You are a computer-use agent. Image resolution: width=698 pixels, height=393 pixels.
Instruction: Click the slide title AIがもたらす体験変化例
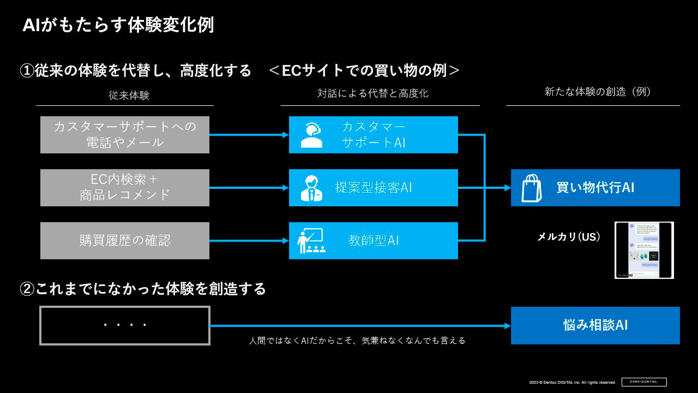(118, 25)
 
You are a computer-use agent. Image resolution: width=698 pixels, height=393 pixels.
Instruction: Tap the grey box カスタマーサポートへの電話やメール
(125, 135)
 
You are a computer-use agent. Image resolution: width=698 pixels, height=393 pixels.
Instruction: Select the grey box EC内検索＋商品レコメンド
(125, 187)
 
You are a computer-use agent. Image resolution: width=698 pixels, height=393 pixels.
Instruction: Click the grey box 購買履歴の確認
(125, 240)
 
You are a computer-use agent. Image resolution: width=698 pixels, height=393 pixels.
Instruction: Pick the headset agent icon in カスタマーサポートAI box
(311, 135)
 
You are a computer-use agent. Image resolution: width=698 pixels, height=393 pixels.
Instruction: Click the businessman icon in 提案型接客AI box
(311, 188)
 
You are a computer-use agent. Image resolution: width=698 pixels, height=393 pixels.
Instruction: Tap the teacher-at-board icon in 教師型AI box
(311, 241)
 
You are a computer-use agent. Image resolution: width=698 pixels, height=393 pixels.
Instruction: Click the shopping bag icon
(531, 188)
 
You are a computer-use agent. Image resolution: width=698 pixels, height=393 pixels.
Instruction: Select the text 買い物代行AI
(595, 188)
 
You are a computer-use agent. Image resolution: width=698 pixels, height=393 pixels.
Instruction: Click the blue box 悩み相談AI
(595, 325)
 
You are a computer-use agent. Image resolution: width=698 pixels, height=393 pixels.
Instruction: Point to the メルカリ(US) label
(569, 237)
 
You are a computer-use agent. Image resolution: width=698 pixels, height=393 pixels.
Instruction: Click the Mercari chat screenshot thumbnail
(644, 250)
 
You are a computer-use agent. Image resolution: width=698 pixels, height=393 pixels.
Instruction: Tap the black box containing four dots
(125, 325)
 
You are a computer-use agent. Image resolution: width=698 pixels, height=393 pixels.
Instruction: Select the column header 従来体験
(129, 96)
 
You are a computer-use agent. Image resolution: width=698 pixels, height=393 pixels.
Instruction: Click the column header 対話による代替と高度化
(373, 93)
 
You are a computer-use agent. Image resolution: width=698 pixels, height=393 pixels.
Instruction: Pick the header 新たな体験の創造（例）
(598, 92)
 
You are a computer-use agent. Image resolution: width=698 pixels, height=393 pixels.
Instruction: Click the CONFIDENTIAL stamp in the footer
(644, 382)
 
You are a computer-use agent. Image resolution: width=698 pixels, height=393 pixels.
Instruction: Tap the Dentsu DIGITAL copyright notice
(572, 382)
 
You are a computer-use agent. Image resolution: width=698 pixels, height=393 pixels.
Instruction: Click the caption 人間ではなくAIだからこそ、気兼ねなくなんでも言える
(357, 341)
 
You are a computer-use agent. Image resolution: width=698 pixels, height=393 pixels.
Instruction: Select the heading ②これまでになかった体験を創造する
(143, 288)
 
